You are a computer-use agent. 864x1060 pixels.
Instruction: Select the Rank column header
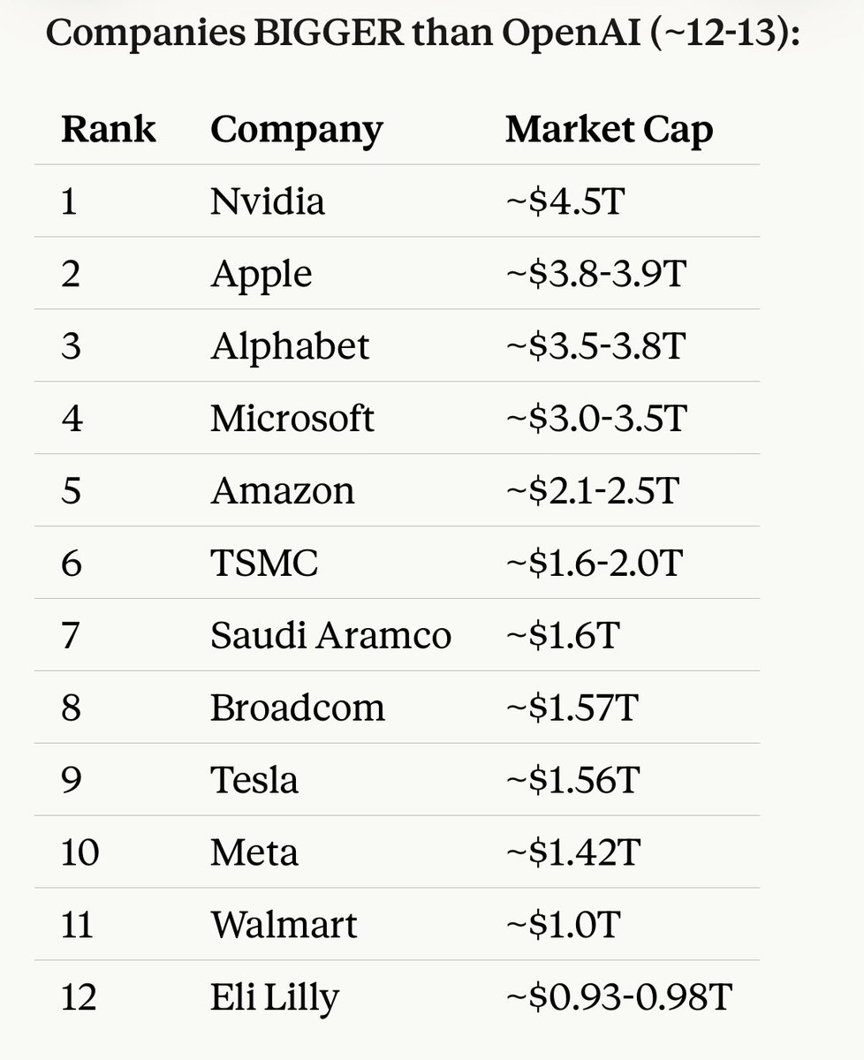point(109,129)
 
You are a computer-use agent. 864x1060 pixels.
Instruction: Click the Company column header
point(297,131)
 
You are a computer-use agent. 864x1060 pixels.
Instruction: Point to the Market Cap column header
point(609,130)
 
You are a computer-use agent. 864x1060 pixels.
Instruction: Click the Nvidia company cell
point(268,201)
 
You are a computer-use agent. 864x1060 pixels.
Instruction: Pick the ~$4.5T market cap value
point(565,201)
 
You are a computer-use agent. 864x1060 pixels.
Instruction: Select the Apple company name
point(261,275)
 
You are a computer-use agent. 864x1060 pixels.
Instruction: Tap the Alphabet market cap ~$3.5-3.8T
point(595,346)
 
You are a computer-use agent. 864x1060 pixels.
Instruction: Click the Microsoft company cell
point(292,418)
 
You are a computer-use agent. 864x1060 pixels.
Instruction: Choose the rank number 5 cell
point(71,491)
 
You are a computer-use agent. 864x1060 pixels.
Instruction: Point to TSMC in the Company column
point(263,564)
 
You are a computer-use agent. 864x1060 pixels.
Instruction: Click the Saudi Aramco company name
point(330,636)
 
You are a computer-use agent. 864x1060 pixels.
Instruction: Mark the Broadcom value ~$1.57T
point(571,708)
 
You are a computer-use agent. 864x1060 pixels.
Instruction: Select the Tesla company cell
point(254,781)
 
